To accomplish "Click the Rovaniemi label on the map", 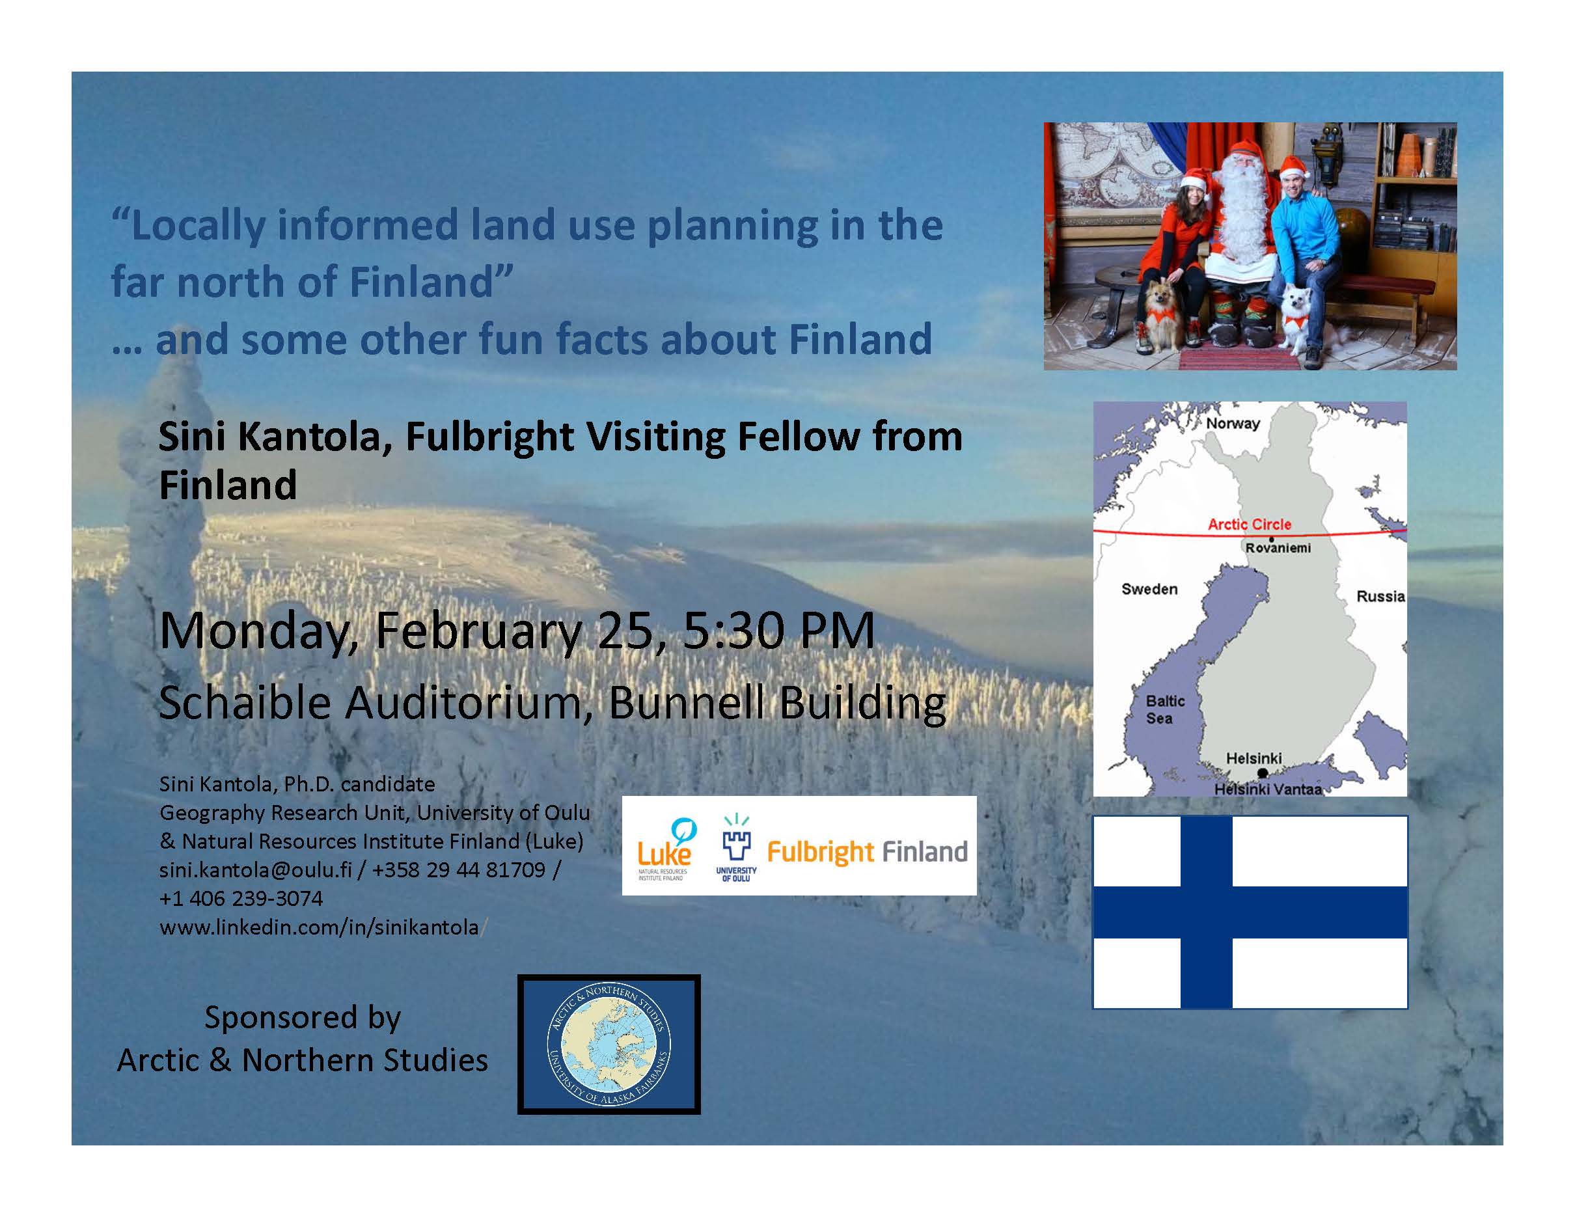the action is tap(1278, 548).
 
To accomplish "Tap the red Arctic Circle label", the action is tap(1249, 524).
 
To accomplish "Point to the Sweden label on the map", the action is tap(1149, 589).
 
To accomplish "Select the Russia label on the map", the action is tap(1380, 596).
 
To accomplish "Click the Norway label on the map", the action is tap(1233, 423).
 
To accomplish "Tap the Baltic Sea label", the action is tap(1165, 709).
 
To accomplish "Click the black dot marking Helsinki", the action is tap(1262, 773).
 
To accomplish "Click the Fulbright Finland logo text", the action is tap(867, 852).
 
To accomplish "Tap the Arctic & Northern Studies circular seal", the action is tap(609, 1044).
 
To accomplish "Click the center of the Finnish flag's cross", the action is tap(1207, 912).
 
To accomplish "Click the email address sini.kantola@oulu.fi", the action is tap(255, 869).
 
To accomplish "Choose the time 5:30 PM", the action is tap(779, 630).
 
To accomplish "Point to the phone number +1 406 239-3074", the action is tap(241, 898).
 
